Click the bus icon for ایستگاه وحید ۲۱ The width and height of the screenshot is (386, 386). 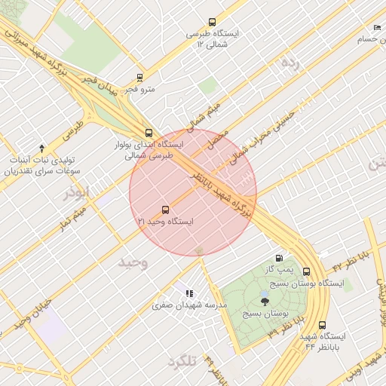[x=165, y=210]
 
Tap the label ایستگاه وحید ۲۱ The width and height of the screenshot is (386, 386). [x=165, y=222]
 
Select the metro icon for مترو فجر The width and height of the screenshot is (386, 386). [x=139, y=77]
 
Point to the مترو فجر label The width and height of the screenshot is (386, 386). [x=139, y=89]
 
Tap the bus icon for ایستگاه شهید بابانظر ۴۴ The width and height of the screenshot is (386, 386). [x=323, y=325]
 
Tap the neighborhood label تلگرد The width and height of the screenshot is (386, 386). [x=183, y=362]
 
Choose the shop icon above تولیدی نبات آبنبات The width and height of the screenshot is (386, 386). [x=41, y=148]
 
